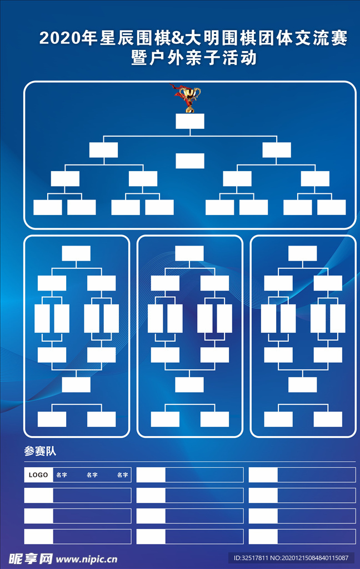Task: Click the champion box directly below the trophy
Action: click(x=190, y=121)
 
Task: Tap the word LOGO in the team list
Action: click(x=38, y=475)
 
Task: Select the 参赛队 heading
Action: click(x=40, y=451)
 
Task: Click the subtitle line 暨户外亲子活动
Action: click(x=194, y=58)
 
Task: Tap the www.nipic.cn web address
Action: click(x=86, y=559)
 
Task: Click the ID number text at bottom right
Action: click(x=291, y=558)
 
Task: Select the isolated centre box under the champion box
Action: click(x=190, y=161)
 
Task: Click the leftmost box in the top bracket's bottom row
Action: click(x=48, y=207)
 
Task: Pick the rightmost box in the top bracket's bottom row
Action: click(x=331, y=207)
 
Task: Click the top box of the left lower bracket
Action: click(x=76, y=253)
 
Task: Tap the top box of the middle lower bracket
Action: click(x=189, y=253)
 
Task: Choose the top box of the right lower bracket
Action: click(x=303, y=253)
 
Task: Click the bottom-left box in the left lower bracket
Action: click(x=52, y=419)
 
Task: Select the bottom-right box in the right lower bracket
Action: click(x=328, y=419)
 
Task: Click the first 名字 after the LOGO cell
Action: click(x=62, y=475)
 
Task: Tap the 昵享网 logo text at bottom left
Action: click(x=31, y=559)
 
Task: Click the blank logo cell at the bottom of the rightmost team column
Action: click(x=263, y=537)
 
